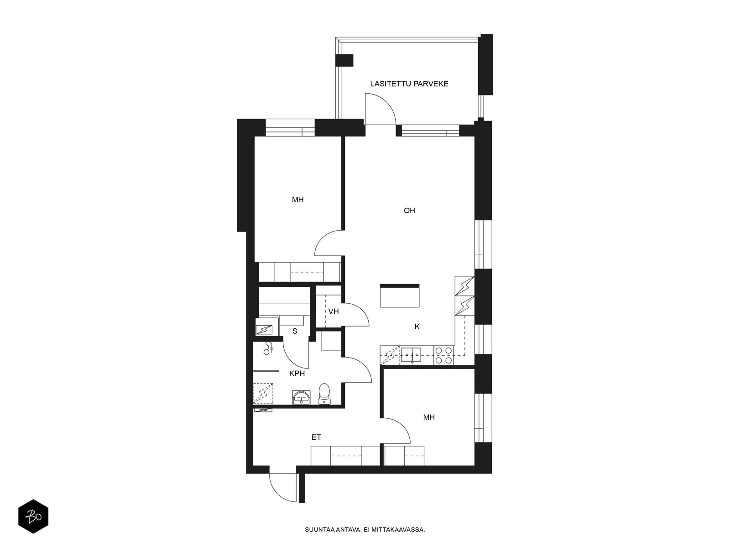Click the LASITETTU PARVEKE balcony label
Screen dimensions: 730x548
(409, 84)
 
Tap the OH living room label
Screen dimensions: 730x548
(409, 211)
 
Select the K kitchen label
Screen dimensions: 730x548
(417, 327)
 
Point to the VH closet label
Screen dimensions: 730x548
(334, 311)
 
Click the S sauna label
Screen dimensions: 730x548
(295, 331)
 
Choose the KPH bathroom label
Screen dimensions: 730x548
(297, 374)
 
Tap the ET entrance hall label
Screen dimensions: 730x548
(316, 437)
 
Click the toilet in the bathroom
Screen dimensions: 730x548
(324, 394)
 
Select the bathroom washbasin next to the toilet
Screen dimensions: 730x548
(301, 397)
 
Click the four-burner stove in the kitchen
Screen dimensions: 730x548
(443, 355)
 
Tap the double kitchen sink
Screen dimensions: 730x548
(411, 355)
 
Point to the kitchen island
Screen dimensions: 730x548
(399, 295)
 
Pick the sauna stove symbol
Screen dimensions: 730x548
(264, 330)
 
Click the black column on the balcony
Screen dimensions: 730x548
(344, 61)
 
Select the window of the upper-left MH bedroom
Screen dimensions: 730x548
(290, 128)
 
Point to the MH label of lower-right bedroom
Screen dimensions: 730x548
(429, 417)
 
